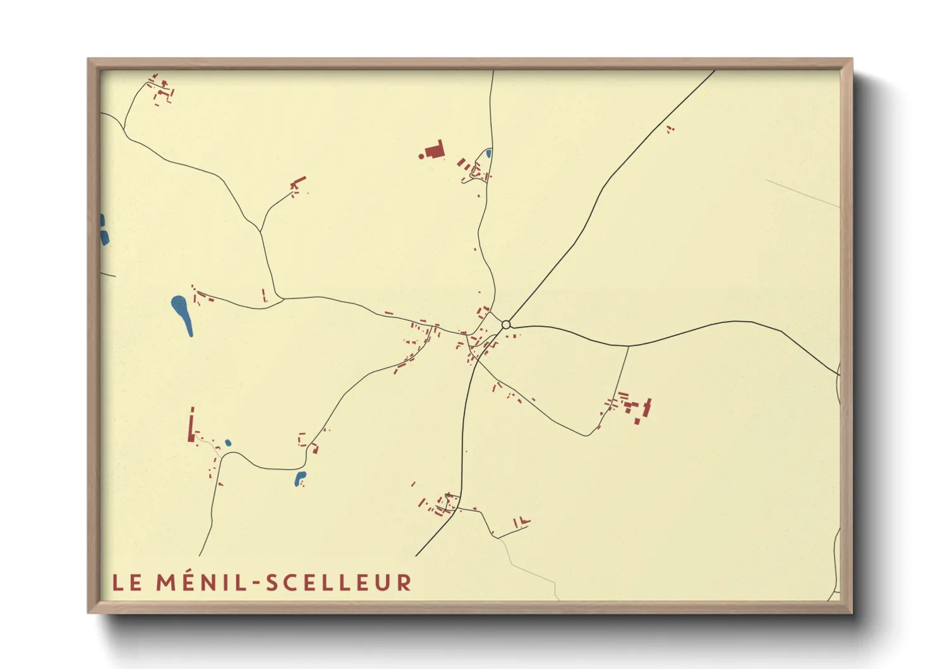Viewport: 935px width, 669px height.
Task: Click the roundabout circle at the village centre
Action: pyautogui.click(x=506, y=324)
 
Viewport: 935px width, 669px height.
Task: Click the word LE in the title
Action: pyautogui.click(x=127, y=582)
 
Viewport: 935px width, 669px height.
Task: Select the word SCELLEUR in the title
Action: pyautogui.click(x=339, y=582)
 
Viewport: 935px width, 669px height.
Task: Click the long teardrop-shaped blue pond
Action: pyautogui.click(x=182, y=313)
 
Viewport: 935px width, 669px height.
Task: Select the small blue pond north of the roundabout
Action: pyautogui.click(x=488, y=153)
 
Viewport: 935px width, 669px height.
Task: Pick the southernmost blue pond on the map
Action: pyautogui.click(x=300, y=479)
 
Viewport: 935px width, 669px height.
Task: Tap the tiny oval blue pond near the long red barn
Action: pyautogui.click(x=227, y=443)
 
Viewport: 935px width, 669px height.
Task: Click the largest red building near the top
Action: pyautogui.click(x=435, y=150)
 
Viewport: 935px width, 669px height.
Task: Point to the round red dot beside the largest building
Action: pyautogui.click(x=421, y=156)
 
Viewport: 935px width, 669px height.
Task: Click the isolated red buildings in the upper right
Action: pyautogui.click(x=670, y=129)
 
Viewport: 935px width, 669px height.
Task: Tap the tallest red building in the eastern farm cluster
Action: pyautogui.click(x=646, y=408)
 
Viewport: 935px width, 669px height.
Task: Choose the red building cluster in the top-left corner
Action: pyautogui.click(x=160, y=89)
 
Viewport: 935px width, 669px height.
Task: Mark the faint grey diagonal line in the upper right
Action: pyautogui.click(x=802, y=193)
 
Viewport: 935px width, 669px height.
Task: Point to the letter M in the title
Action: pyautogui.click(x=165, y=582)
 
